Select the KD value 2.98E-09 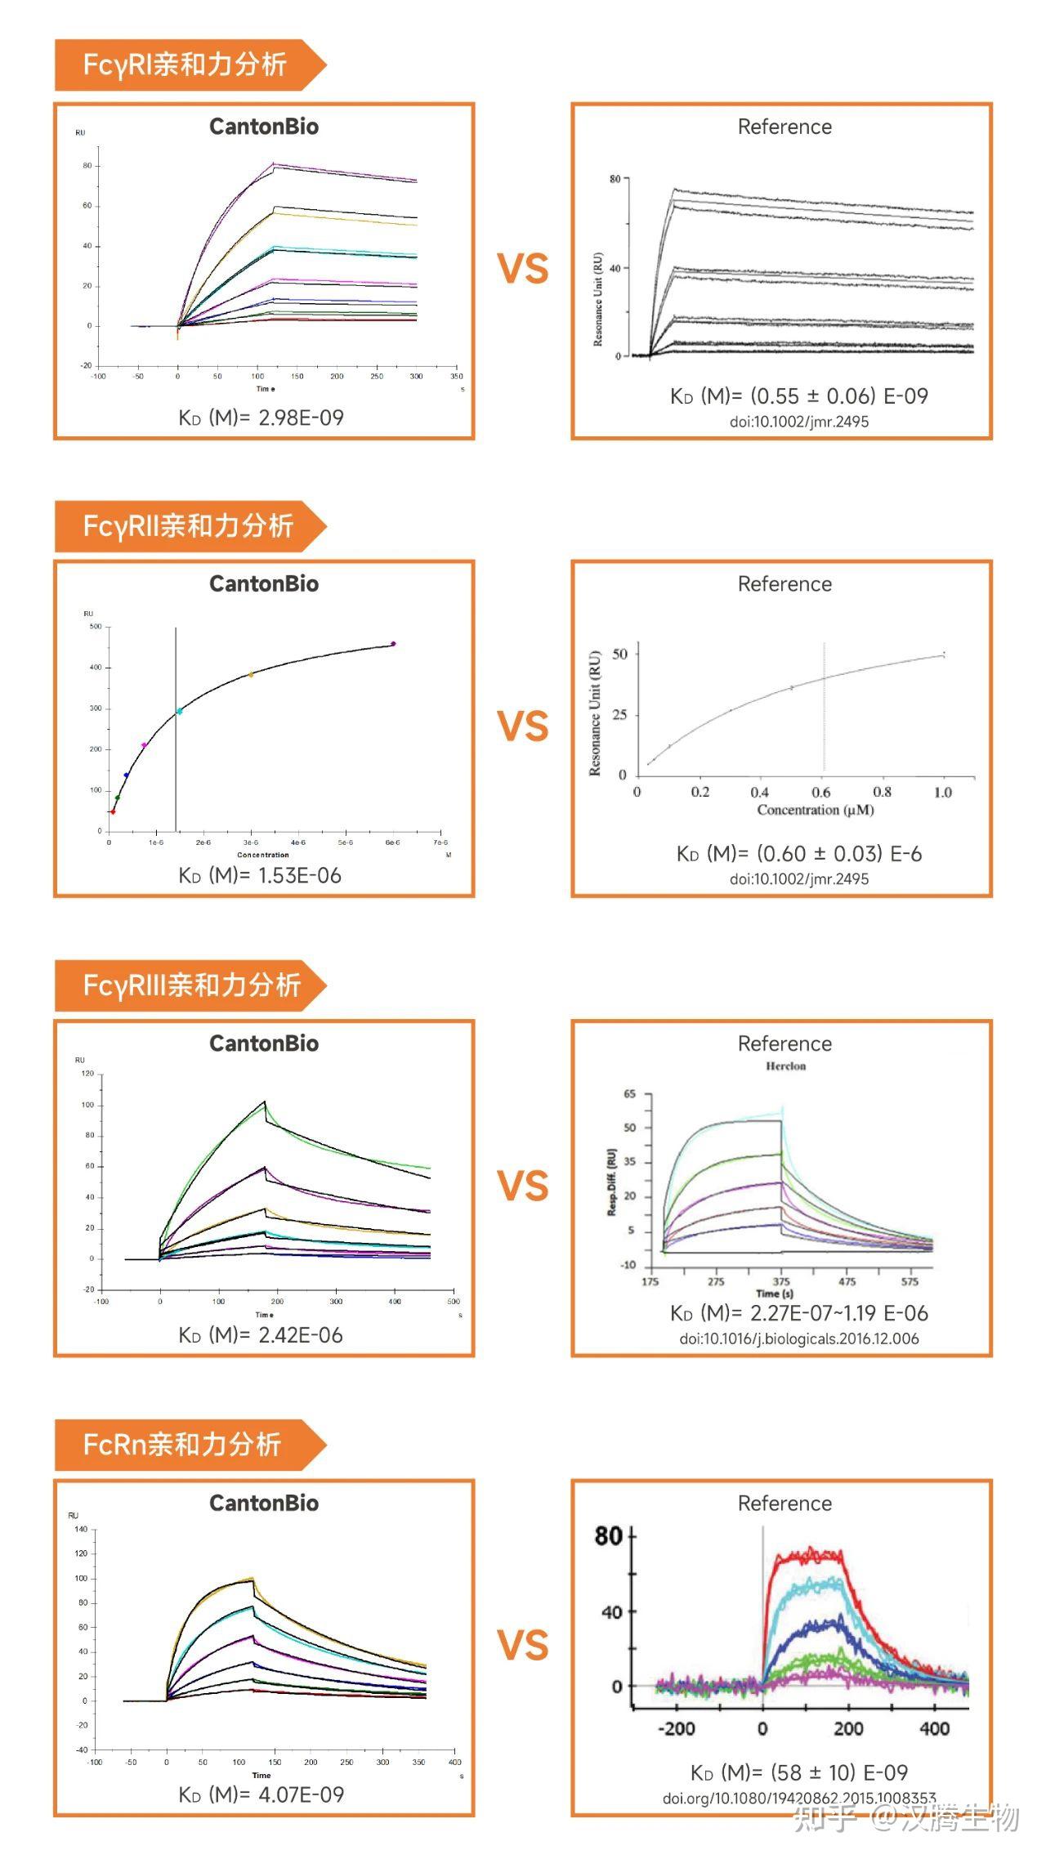pos(301,418)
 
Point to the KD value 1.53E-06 pos(299,875)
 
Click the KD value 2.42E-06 pos(301,1335)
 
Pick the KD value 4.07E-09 pos(301,1794)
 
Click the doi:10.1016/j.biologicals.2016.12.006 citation pos(798,1338)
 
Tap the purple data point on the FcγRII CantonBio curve pos(393,644)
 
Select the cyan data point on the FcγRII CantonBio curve pos(179,712)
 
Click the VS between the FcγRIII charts pos(523,1186)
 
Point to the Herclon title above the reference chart pos(785,1066)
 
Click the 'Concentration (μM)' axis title pos(815,810)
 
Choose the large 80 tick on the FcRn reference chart pos(609,1537)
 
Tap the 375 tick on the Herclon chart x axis pos(781,1281)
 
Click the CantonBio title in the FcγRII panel pos(264,584)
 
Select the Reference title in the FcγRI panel pos(784,127)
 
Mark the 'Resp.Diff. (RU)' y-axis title pos(611,1182)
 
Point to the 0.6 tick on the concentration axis pos(820,792)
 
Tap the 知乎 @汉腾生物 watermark pos(907,1819)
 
